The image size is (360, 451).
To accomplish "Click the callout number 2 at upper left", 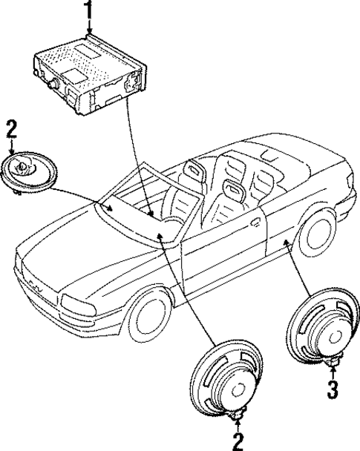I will coord(10,128).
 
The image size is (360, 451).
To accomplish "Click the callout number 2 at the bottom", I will coord(238,441).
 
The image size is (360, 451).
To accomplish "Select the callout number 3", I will coord(333,388).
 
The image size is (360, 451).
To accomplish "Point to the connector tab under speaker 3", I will coord(333,363).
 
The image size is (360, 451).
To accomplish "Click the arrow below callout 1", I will coord(89,28).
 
